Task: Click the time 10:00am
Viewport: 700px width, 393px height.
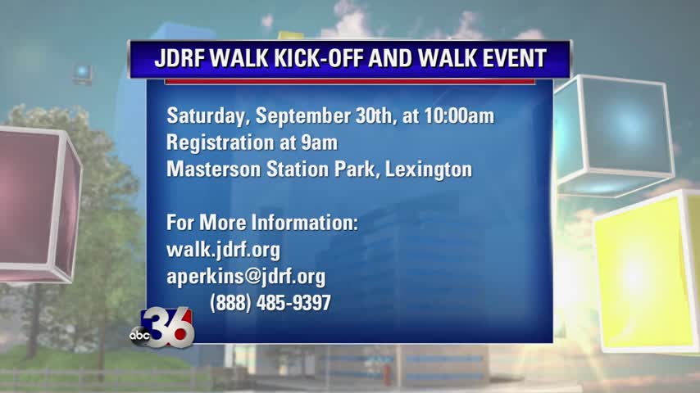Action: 459,116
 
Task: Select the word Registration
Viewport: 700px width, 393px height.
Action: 218,143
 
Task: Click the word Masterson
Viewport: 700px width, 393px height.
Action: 213,169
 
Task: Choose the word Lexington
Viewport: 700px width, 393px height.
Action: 429,170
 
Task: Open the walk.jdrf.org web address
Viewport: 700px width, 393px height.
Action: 223,250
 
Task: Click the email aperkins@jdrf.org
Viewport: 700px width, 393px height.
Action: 246,277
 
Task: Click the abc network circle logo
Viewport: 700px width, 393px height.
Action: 139,335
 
